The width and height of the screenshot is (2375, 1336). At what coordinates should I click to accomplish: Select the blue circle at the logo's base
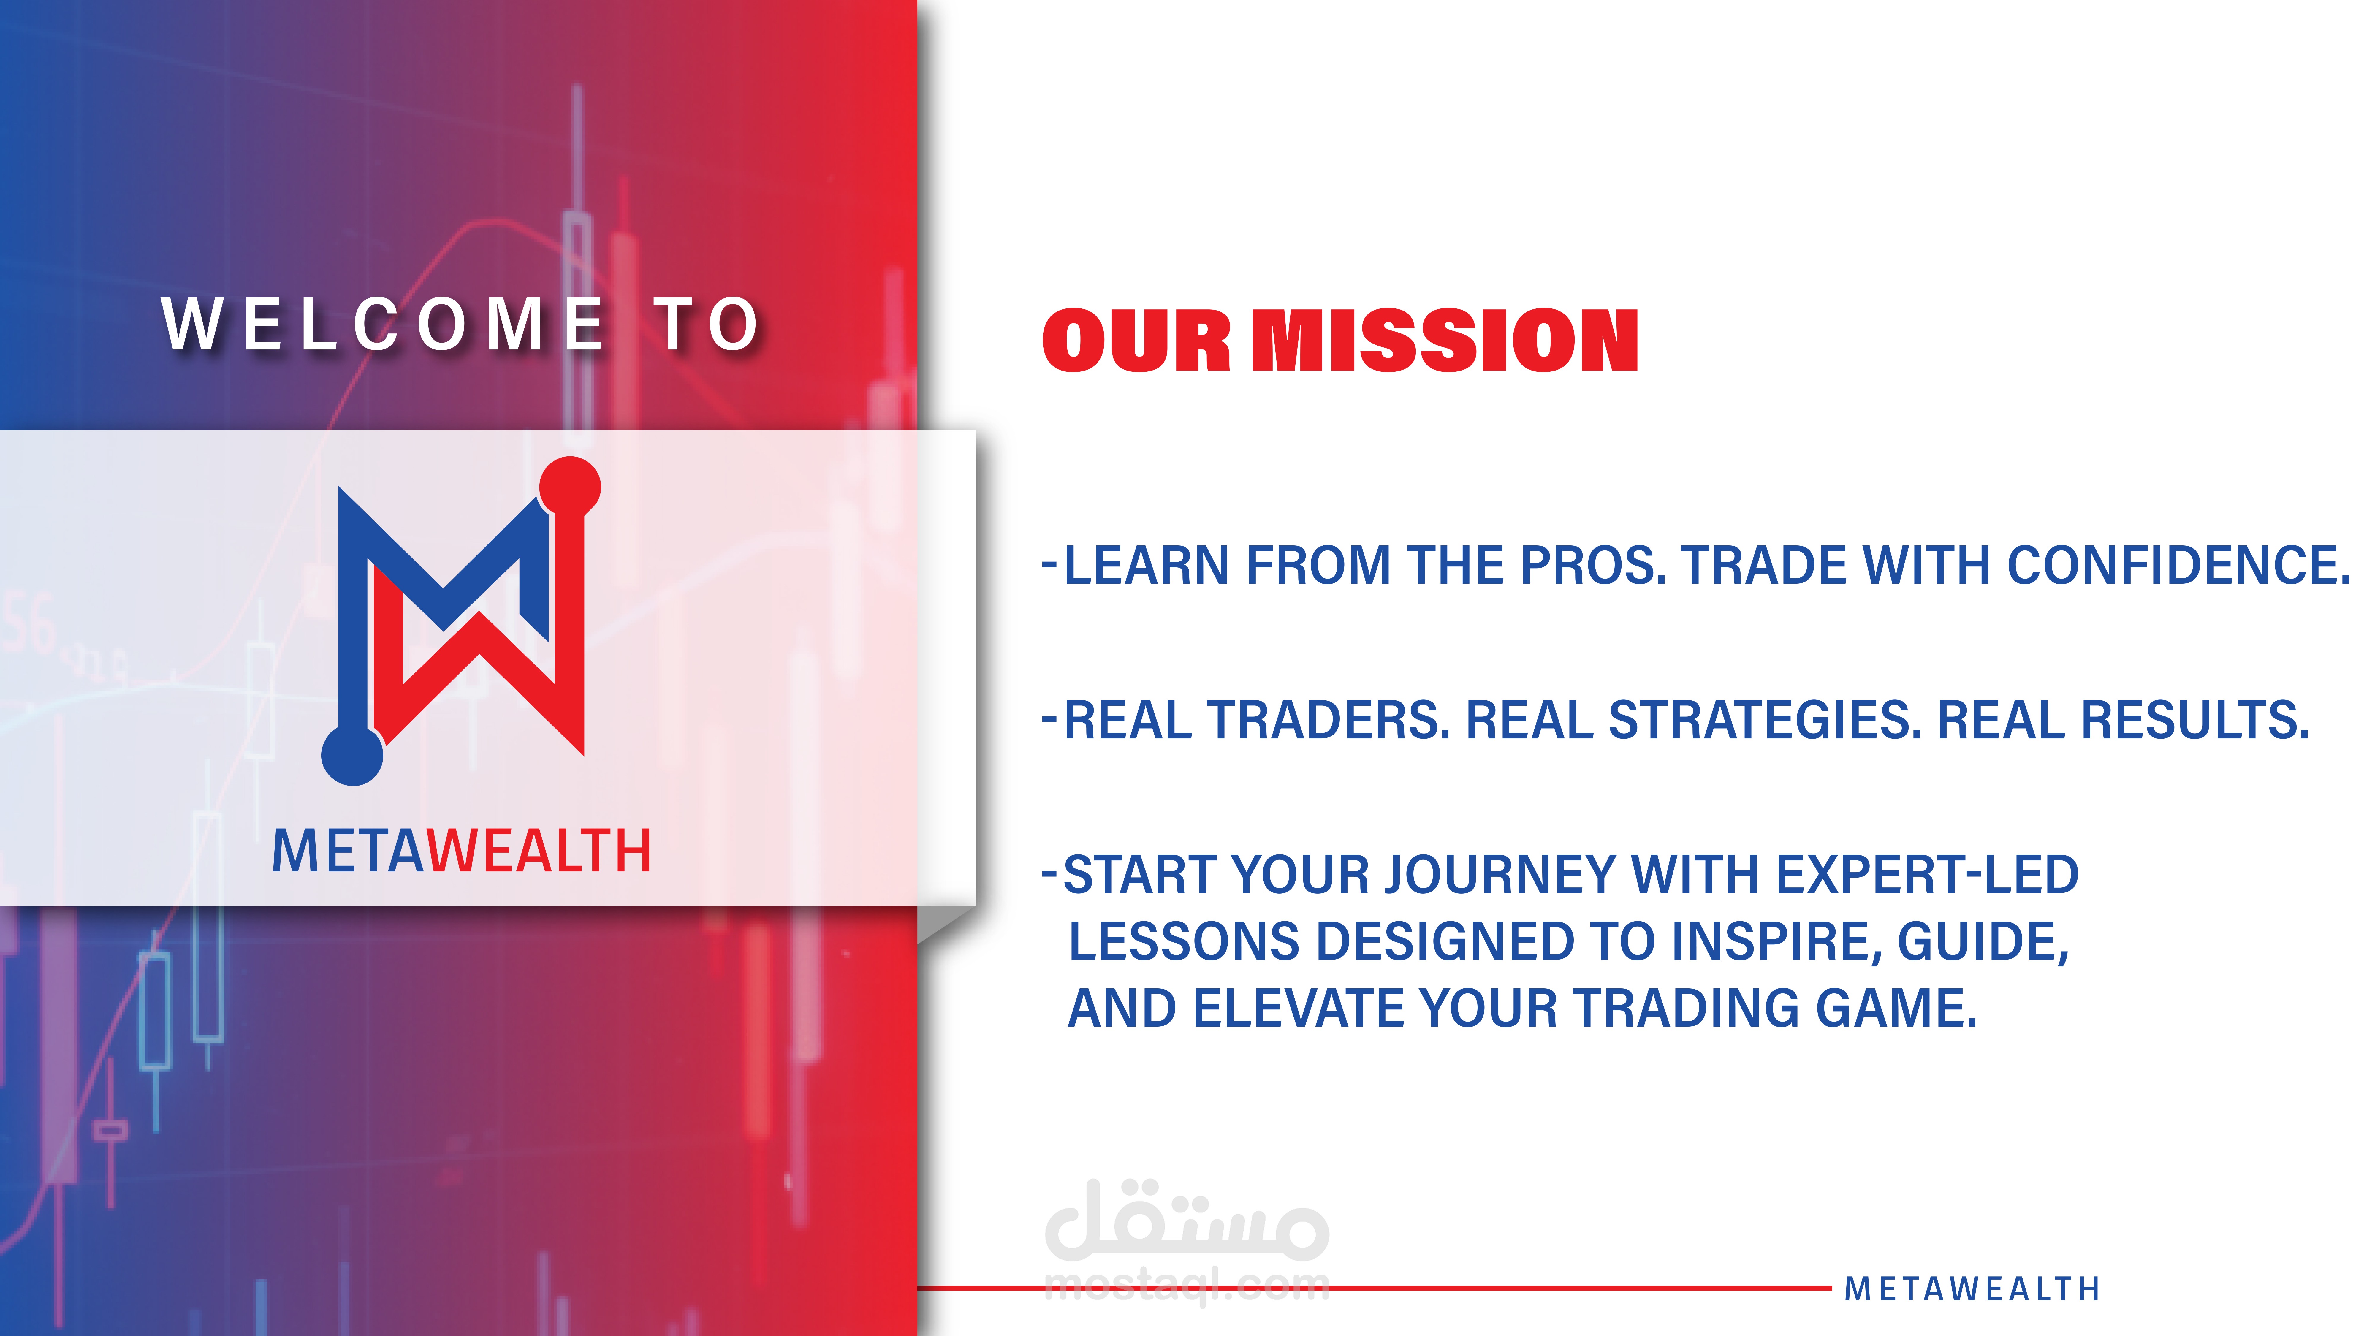click(x=352, y=755)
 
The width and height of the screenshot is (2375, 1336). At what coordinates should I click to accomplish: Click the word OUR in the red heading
click(x=1136, y=341)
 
